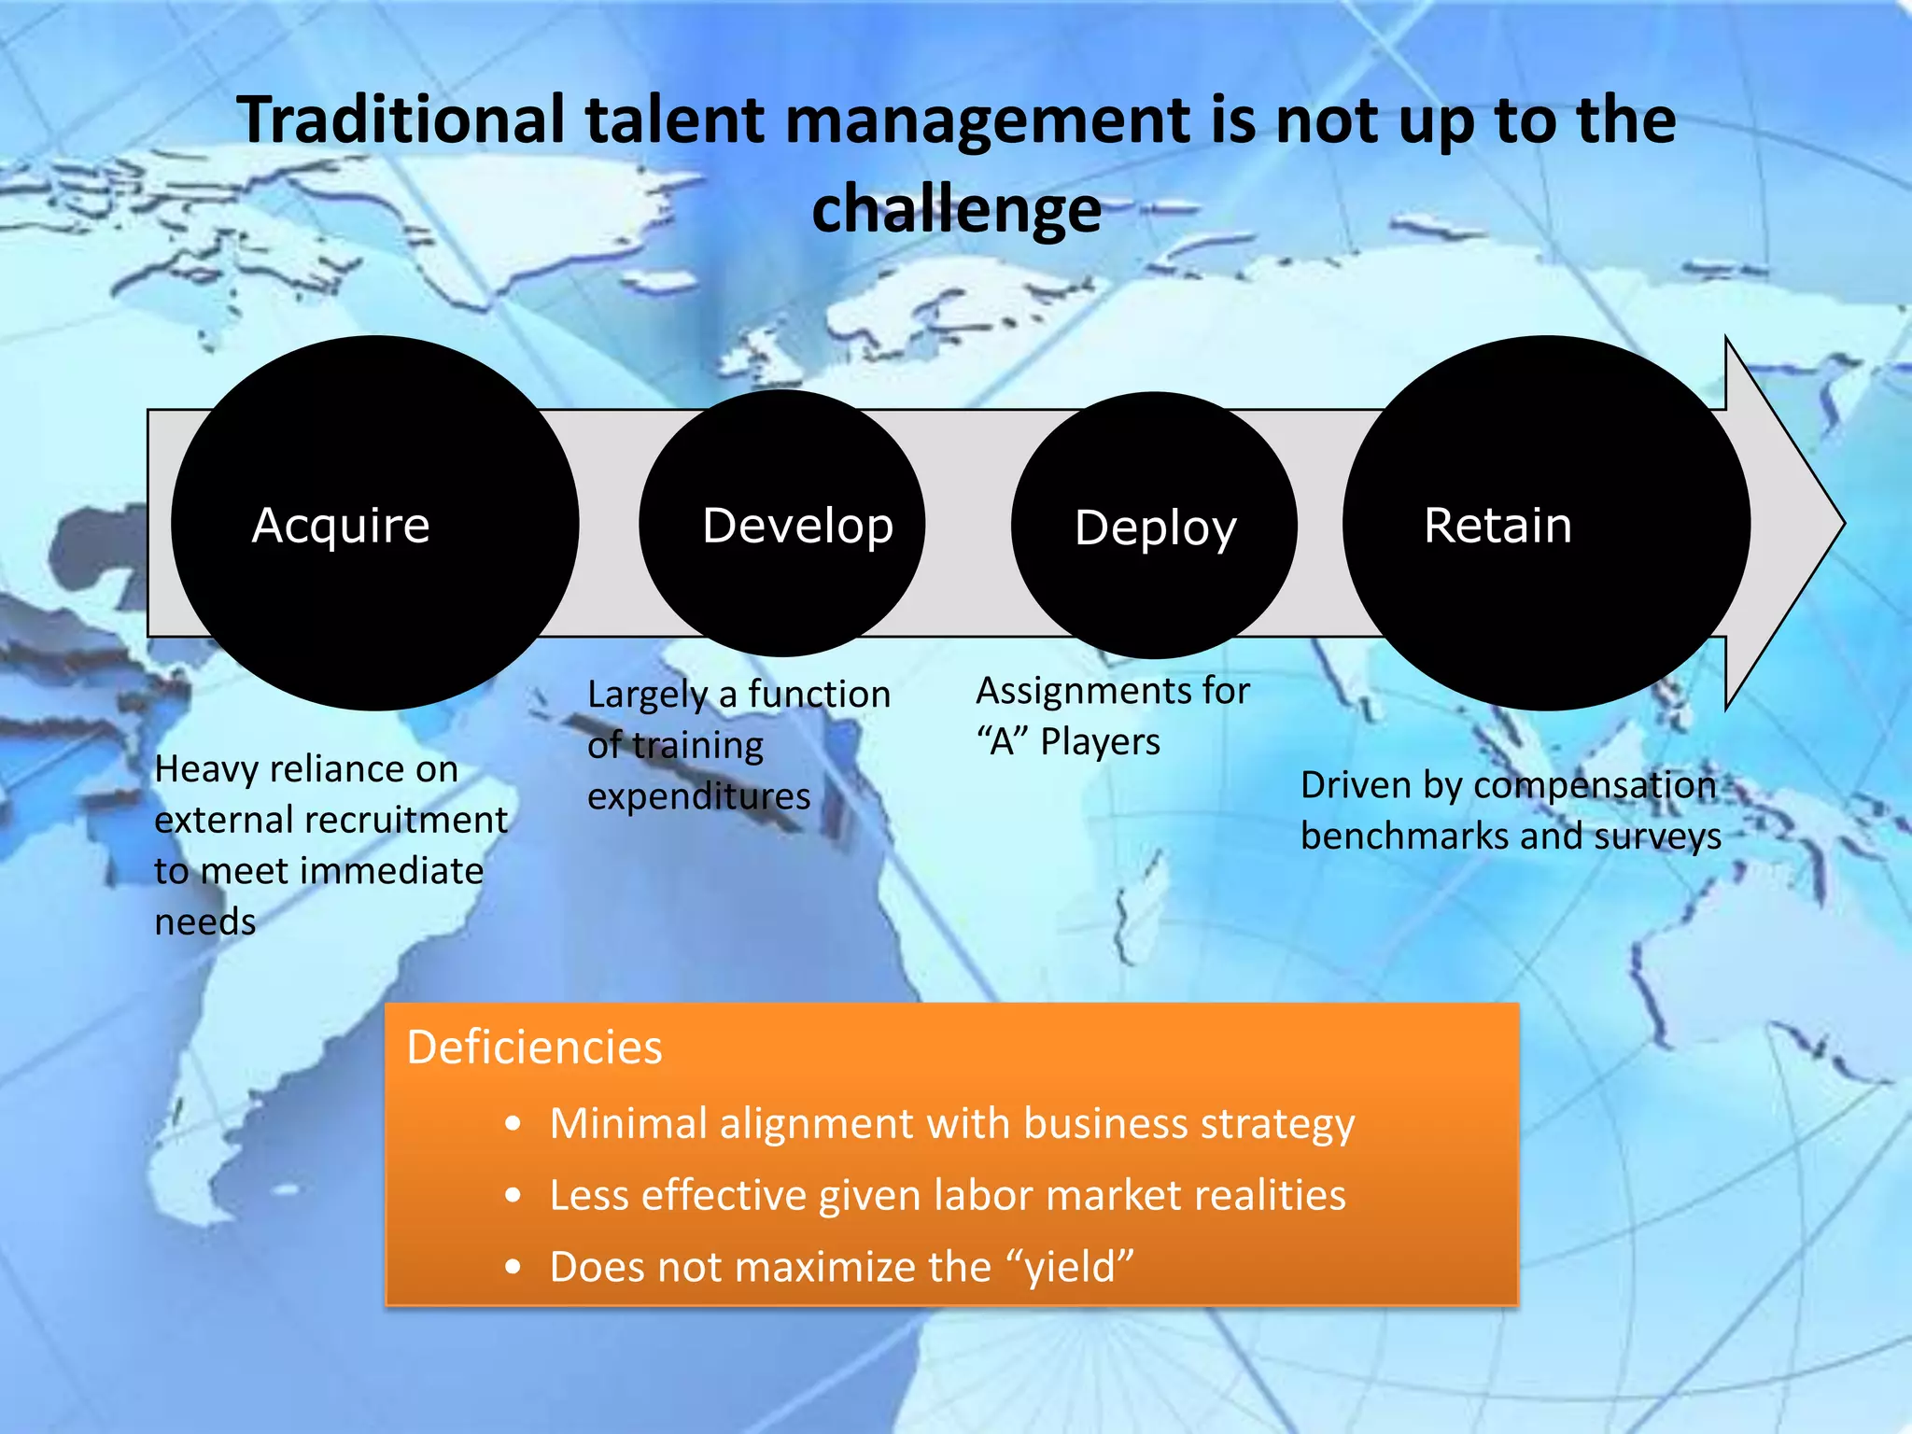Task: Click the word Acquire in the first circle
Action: click(341, 526)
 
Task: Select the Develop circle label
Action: click(797, 526)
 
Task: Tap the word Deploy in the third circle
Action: click(1155, 528)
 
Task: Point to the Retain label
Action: click(1497, 525)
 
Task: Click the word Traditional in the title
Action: click(401, 120)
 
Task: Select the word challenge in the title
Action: click(956, 209)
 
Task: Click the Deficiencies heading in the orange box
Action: click(534, 1047)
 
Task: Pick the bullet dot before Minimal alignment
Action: click(513, 1124)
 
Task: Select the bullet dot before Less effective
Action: click(513, 1196)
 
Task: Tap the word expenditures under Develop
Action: click(698, 796)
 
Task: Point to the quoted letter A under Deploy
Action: click(1002, 742)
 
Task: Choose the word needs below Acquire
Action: click(204, 922)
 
